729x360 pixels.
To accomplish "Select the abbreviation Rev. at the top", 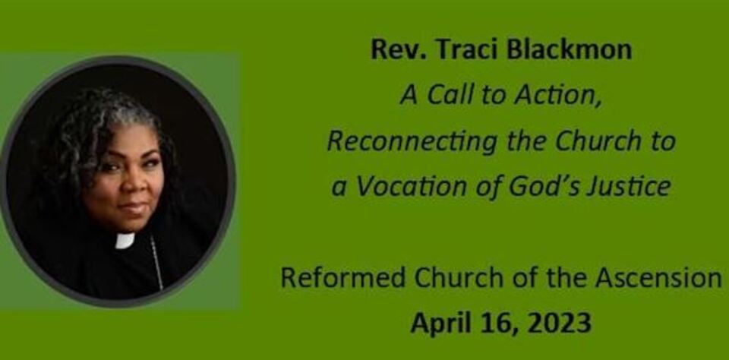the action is [399, 50].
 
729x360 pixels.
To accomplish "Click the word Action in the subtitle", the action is [558, 96].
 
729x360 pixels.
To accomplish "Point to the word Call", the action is [445, 96].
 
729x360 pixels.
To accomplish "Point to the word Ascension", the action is [659, 278].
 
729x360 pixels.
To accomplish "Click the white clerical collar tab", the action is [125, 241].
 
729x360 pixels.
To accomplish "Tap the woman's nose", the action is [133, 185].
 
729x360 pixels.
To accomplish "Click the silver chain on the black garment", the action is [156, 263].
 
